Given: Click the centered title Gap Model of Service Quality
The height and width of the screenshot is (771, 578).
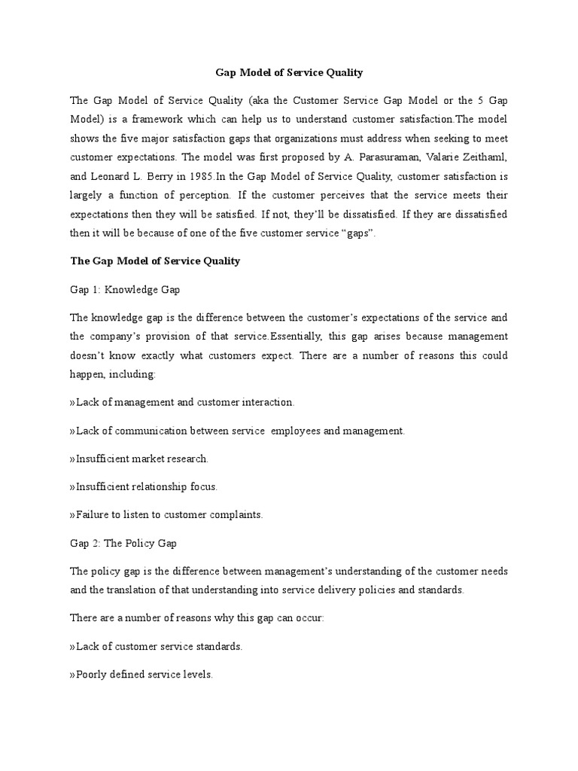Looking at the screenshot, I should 289,73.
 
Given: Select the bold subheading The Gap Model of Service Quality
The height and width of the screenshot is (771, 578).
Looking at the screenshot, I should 155,261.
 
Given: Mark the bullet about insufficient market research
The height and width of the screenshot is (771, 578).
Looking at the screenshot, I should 139,459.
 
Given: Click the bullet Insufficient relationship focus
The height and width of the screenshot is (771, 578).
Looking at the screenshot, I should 144,486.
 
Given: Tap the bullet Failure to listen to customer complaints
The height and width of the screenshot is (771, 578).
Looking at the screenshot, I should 166,515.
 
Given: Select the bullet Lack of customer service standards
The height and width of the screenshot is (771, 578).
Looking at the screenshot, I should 156,647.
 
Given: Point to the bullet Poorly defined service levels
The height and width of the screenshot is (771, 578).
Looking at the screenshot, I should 141,675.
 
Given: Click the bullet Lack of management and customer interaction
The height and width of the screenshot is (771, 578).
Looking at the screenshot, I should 182,402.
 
